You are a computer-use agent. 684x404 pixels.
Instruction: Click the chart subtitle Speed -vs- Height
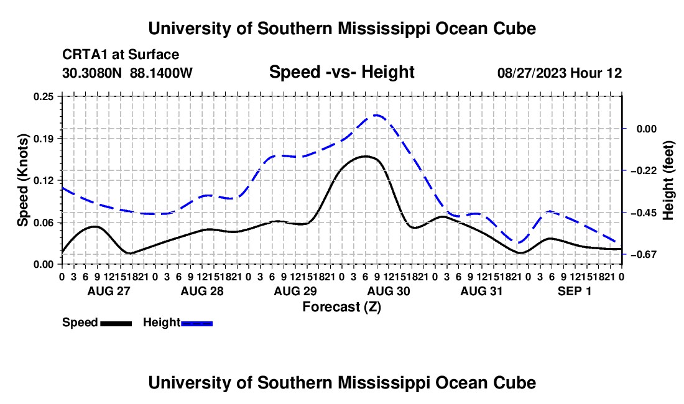click(341, 72)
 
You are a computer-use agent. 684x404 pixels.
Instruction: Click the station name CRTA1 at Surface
click(121, 55)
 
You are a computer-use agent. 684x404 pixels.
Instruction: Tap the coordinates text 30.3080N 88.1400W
click(127, 73)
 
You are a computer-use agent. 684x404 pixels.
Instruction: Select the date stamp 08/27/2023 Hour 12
click(560, 73)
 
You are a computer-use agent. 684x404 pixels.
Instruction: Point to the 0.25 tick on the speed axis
click(44, 97)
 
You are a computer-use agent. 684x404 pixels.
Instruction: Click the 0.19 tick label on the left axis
click(44, 139)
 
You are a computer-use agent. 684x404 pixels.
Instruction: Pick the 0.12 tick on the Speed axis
click(44, 180)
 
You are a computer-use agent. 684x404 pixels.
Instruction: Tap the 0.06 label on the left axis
click(44, 223)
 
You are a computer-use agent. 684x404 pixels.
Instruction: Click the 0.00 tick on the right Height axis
click(647, 129)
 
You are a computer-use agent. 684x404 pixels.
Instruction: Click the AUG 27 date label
click(109, 291)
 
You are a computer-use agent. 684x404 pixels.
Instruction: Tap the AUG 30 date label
click(389, 291)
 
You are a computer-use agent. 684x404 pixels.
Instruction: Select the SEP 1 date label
click(575, 291)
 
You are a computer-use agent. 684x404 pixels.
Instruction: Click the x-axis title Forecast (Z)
click(341, 307)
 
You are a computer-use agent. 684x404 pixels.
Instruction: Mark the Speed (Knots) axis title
click(22, 180)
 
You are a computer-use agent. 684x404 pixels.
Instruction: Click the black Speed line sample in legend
click(116, 324)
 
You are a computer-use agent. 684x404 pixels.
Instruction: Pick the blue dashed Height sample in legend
click(196, 324)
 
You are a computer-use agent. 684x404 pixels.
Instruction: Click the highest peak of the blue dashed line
click(376, 116)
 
